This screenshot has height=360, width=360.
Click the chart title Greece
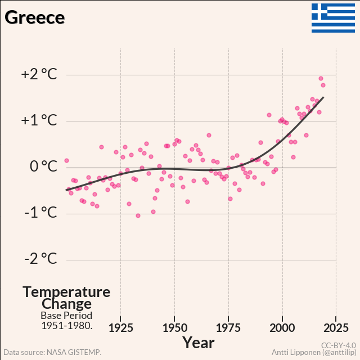35,17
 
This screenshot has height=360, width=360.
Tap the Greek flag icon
334,18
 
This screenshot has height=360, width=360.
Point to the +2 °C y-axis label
39,74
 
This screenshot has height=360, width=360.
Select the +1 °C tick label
39,120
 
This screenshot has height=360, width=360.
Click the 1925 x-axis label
121,328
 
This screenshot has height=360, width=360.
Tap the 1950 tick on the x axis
174,328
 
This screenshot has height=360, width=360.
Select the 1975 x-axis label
228,328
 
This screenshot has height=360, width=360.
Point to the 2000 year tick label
282,328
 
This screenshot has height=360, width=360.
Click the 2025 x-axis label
336,328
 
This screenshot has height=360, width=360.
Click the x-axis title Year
199,342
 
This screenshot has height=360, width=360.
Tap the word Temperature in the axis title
66,292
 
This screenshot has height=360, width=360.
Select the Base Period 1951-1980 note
66,321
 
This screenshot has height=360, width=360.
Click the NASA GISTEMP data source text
52,352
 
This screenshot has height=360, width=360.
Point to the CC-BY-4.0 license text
338,345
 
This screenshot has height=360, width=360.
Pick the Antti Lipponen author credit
313,352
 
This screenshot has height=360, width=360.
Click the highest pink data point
321,79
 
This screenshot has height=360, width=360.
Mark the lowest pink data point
138,215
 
